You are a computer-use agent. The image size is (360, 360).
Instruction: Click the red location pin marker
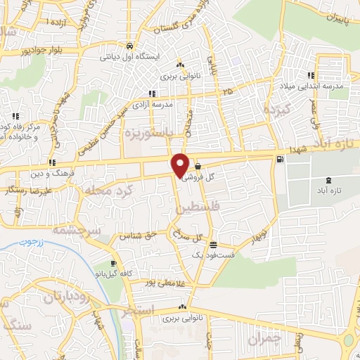181,165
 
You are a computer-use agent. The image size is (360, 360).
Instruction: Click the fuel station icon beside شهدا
282,159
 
